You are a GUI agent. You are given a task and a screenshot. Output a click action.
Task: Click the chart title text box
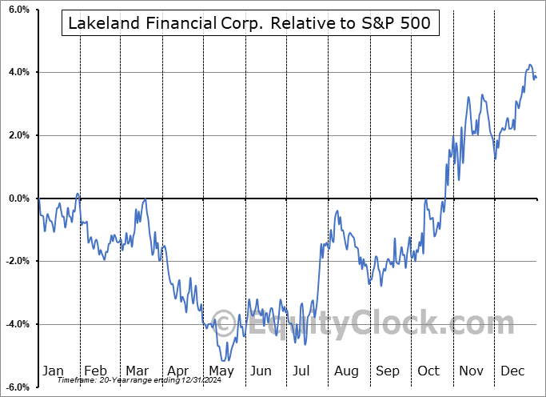click(x=249, y=23)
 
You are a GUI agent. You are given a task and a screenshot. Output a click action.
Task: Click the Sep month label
click(x=388, y=371)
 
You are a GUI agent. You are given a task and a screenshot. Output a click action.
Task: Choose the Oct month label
click(x=429, y=371)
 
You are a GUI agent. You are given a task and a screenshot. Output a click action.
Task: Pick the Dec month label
click(x=513, y=371)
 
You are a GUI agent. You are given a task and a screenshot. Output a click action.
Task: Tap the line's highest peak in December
click(x=529, y=65)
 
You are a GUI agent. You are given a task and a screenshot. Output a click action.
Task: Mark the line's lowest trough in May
click(x=226, y=360)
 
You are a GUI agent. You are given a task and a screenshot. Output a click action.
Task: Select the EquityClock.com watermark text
click(x=373, y=325)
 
